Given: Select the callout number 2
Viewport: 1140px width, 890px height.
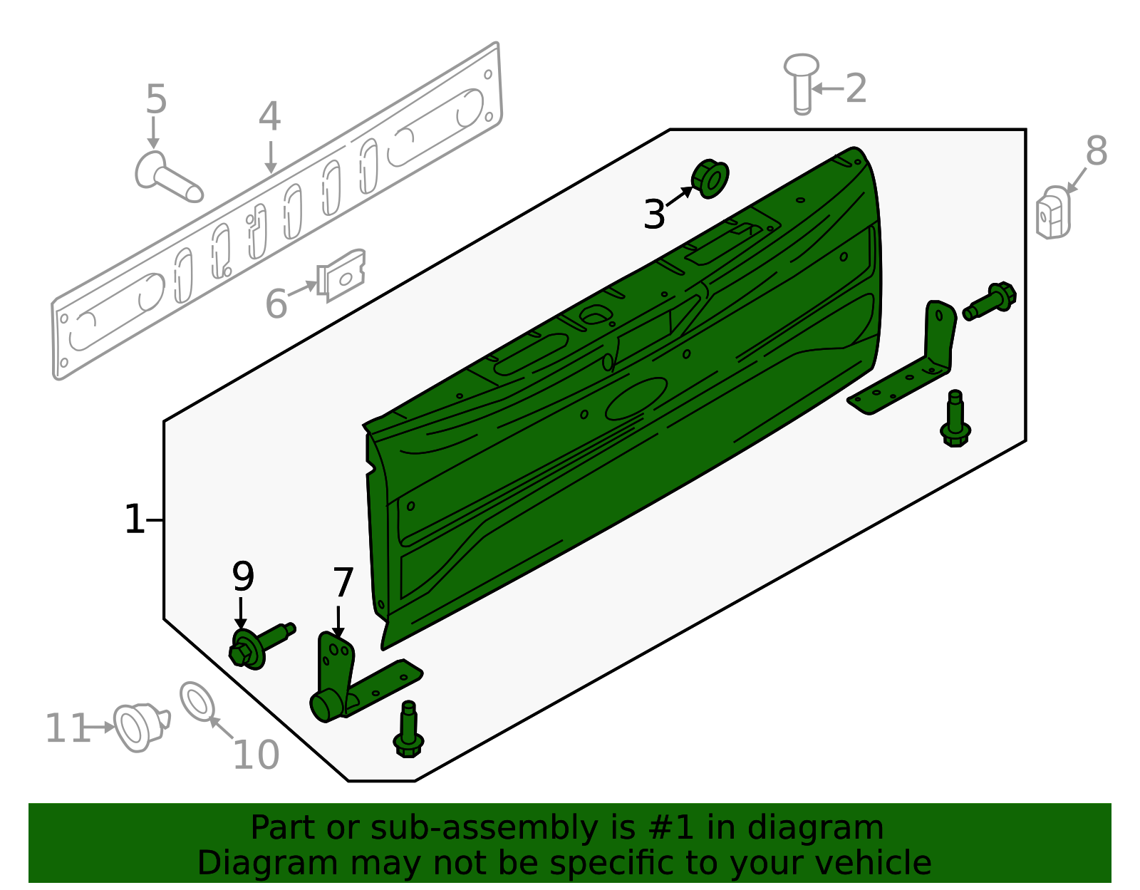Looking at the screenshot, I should [856, 88].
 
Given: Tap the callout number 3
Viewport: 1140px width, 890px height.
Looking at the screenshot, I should [653, 214].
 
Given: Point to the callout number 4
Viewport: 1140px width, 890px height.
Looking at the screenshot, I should [269, 116].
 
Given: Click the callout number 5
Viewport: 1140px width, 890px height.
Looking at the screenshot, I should [155, 99].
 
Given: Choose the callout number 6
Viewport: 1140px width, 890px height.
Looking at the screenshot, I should [276, 304].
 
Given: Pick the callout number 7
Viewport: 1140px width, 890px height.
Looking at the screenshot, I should [343, 583].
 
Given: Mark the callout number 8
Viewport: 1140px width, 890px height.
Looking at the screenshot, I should [1096, 151].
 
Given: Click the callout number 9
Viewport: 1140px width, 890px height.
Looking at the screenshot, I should [243, 576].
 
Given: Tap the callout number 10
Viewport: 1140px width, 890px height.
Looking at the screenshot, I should [256, 755].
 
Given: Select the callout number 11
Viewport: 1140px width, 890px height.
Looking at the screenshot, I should [66, 729].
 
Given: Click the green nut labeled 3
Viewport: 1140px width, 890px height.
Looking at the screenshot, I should [710, 179].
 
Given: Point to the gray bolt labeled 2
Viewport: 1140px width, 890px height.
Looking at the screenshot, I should [802, 82].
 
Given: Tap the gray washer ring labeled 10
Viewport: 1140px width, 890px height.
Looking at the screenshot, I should [197, 701].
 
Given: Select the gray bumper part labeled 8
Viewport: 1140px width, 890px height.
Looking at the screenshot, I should [1053, 212].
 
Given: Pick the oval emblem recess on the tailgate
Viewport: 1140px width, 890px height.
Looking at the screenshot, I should [636, 399].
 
